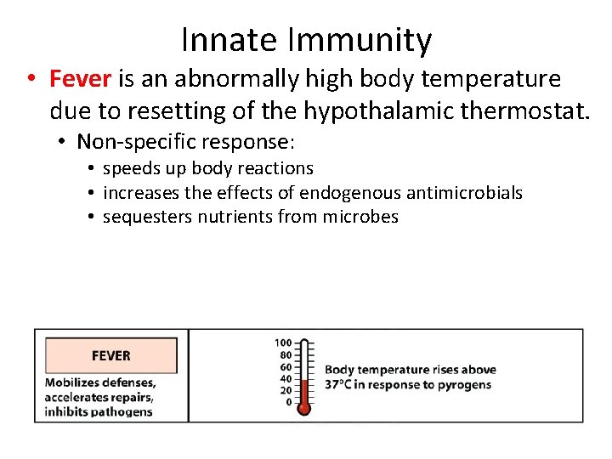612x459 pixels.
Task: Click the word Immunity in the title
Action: pos(360,40)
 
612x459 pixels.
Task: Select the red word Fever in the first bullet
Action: pos(81,79)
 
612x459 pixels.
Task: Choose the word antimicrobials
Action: pos(465,193)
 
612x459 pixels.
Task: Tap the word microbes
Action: pos(360,217)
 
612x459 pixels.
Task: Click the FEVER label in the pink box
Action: pos(110,355)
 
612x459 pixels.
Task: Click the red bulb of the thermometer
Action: pos(304,408)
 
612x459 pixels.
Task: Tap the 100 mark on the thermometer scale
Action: pos(283,343)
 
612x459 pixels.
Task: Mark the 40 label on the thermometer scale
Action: pos(286,378)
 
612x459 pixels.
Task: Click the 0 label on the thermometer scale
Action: pos(288,402)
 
